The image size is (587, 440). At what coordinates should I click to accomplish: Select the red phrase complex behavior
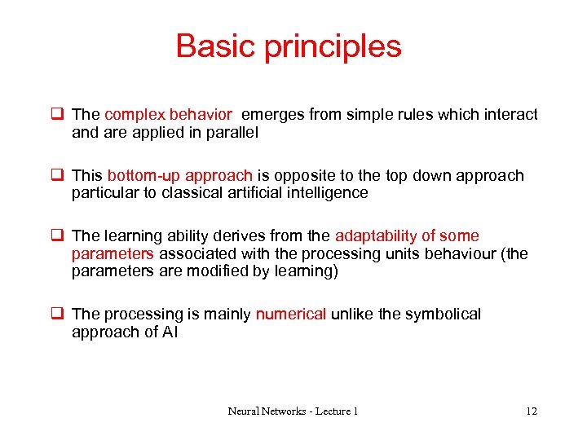(x=168, y=115)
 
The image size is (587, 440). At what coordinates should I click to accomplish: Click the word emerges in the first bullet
(x=273, y=115)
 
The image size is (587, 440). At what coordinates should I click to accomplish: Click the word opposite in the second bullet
(x=302, y=176)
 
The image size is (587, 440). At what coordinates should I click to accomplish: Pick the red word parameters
(x=113, y=254)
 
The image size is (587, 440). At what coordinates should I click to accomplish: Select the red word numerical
(x=291, y=315)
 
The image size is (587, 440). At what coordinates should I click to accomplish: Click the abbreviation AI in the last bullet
(x=170, y=332)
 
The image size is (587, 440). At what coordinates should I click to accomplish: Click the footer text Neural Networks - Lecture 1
(x=293, y=411)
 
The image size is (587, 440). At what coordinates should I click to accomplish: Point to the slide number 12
(x=532, y=411)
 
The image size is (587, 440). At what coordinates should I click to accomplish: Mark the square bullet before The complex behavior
(x=59, y=115)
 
